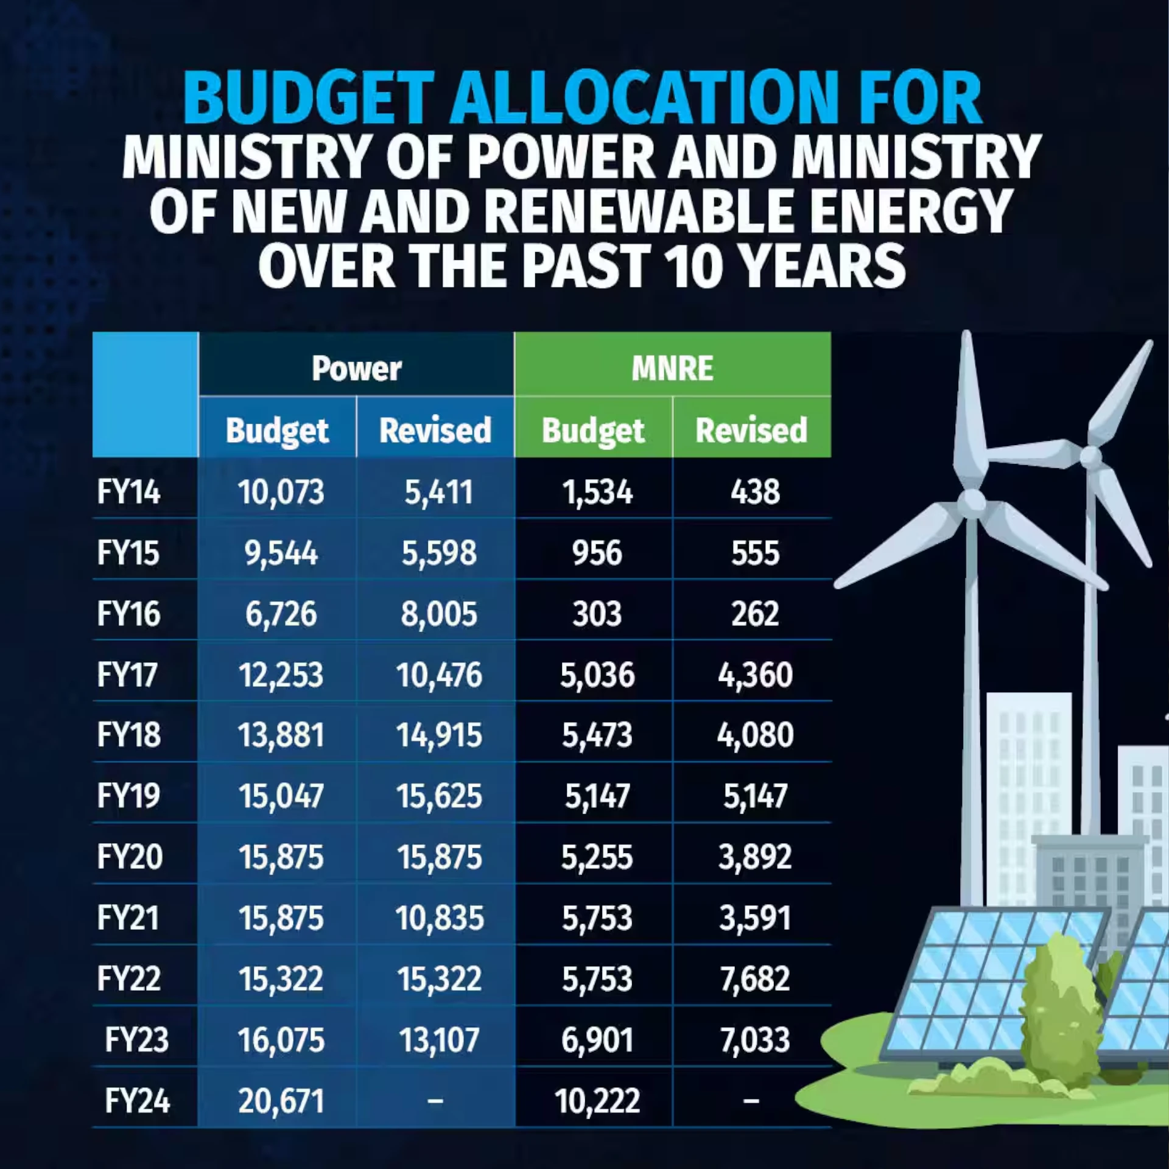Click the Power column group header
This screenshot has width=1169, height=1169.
tap(356, 368)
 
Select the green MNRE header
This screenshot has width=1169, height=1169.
tap(672, 368)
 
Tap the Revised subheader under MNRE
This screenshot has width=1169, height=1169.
tap(751, 430)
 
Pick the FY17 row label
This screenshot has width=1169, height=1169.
tap(128, 675)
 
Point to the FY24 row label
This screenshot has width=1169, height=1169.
tap(137, 1101)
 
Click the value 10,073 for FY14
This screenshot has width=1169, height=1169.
tap(281, 492)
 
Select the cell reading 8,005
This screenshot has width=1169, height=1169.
tap(438, 614)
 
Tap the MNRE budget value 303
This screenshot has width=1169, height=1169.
tap(597, 614)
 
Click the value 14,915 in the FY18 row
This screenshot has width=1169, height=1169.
tap(438, 735)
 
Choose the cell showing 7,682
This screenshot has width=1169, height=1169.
tap(755, 978)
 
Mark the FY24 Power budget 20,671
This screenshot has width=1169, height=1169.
tap(281, 1101)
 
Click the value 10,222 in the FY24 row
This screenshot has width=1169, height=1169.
tap(597, 1101)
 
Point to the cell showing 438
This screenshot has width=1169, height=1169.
tap(755, 492)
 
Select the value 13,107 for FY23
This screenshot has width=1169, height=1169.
tap(438, 1040)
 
